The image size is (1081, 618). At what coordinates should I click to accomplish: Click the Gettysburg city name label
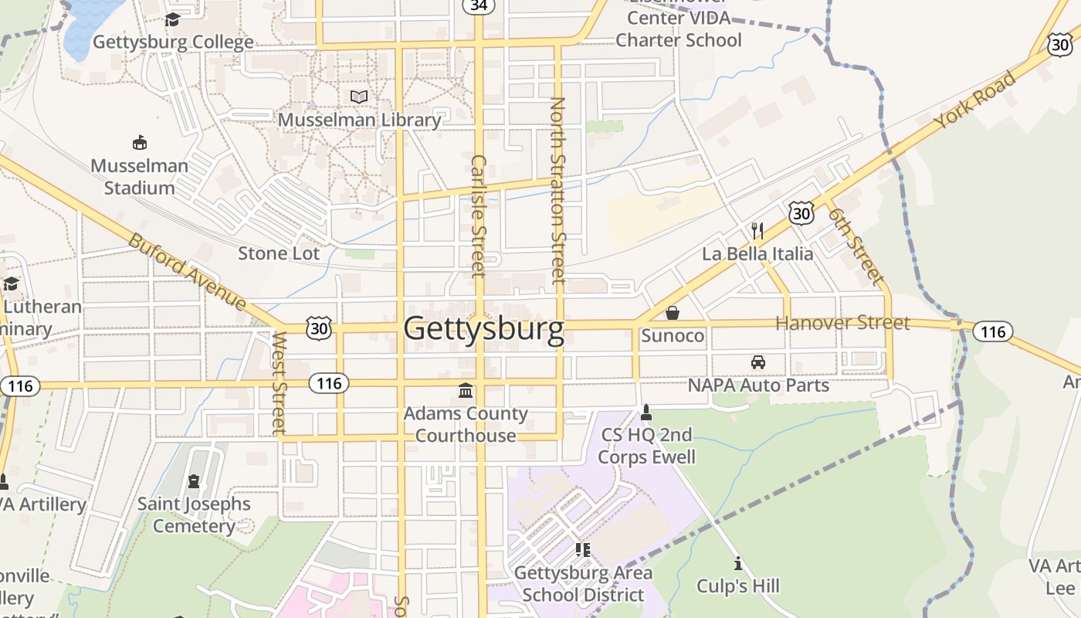point(483,329)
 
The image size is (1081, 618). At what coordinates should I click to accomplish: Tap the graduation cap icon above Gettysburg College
point(172,19)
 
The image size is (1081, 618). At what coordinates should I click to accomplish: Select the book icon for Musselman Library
point(359,97)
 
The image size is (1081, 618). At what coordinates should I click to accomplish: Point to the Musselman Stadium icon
point(140,143)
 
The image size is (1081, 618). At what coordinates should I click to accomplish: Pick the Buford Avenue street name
point(188,271)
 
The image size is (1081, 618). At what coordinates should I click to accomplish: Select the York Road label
point(974,100)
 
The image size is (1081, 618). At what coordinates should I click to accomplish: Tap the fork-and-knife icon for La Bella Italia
point(757,230)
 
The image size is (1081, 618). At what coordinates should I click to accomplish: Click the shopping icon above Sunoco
point(673,313)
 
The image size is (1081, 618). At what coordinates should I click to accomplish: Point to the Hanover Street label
point(842,323)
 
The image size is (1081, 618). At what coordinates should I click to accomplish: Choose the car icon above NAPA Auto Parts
point(758,362)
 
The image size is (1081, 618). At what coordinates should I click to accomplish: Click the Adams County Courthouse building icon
point(466,391)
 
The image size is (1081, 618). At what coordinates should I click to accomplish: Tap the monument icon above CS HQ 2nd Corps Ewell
point(646,413)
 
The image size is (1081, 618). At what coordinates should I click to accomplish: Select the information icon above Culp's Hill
point(737,563)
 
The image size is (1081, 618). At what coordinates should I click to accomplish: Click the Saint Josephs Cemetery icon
point(193,481)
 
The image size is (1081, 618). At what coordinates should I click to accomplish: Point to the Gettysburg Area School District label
point(583,584)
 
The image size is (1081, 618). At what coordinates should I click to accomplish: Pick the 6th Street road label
point(856,244)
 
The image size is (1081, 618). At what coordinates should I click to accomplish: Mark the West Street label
point(280,383)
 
